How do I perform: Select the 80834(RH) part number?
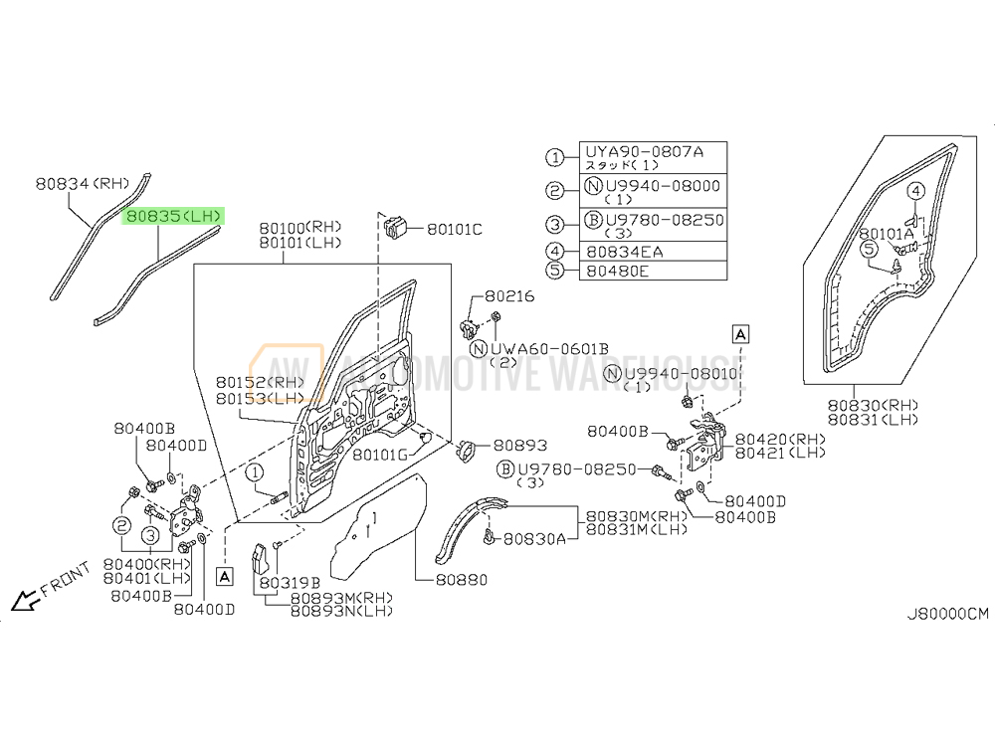(x=83, y=183)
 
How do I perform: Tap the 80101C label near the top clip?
(x=454, y=230)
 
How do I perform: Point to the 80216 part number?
(x=509, y=296)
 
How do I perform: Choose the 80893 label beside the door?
(x=519, y=447)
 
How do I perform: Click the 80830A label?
(x=533, y=538)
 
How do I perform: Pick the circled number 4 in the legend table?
(x=554, y=252)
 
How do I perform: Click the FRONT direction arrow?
(x=23, y=600)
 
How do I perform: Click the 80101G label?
(x=378, y=455)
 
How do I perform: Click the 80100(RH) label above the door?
(x=300, y=227)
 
